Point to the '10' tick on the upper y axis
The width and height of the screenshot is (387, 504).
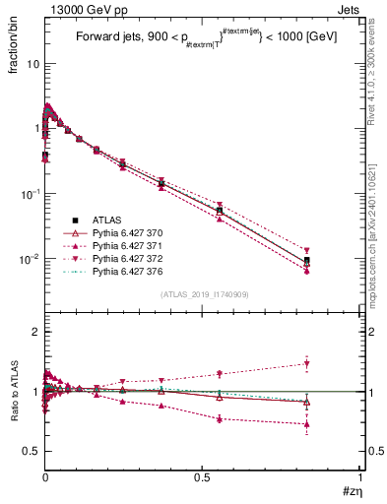[x=32, y=63]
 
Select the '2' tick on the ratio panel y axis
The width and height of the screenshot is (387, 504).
[x=34, y=332]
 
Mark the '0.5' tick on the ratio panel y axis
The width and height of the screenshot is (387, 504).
[x=31, y=451]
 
